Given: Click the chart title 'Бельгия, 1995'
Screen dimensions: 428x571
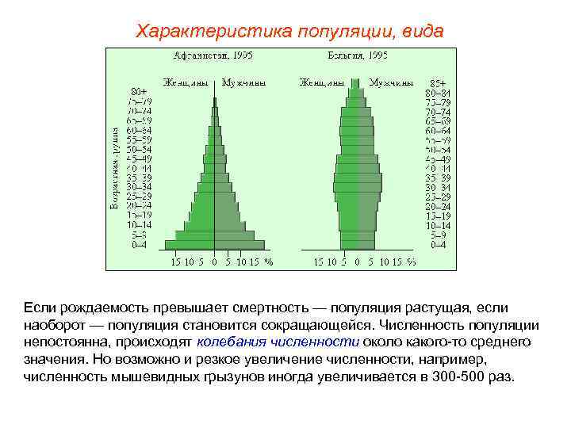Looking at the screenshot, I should tap(357, 55).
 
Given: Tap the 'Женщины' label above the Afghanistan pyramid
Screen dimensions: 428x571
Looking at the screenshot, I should tap(187, 82).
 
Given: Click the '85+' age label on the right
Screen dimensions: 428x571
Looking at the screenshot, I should tap(437, 82).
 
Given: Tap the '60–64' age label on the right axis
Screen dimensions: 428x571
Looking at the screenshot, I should tap(437, 131).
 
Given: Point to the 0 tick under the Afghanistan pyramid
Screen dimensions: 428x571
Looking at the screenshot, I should tap(213, 262).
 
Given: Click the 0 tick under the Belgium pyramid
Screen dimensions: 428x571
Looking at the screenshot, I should tap(358, 262).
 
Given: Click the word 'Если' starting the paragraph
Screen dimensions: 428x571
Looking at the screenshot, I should tap(39, 308).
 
